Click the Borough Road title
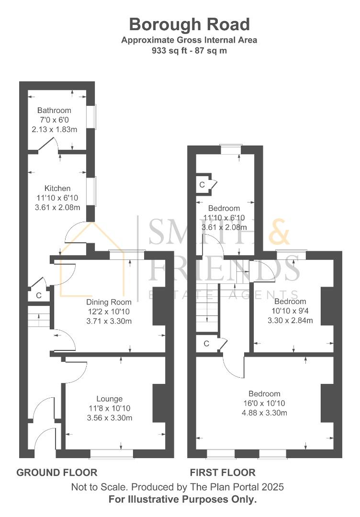(189, 25)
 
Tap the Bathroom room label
(54, 110)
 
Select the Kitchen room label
(57, 188)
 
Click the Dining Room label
(109, 302)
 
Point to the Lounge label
(110, 399)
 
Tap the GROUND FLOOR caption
(56, 472)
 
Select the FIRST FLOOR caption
(223, 472)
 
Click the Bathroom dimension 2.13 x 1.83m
(55, 129)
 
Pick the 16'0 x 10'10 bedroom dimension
(264, 403)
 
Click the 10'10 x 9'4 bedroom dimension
(290, 311)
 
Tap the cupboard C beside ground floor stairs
(39, 295)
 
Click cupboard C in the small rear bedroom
(202, 185)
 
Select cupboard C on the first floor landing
(206, 344)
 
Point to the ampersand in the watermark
(279, 232)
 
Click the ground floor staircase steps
(38, 316)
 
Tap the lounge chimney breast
(159, 403)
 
